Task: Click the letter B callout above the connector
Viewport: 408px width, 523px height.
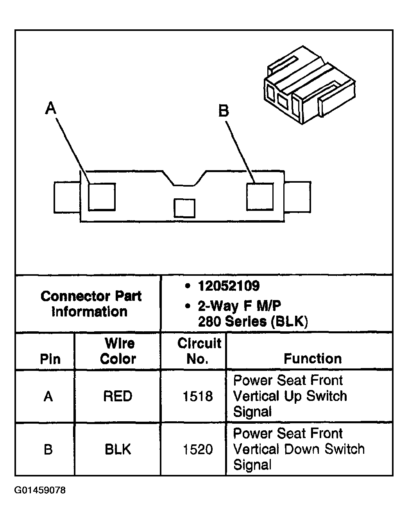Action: (x=224, y=111)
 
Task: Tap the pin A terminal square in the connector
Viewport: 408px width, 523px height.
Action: (x=102, y=196)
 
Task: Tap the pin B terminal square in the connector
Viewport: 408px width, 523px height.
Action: (x=259, y=196)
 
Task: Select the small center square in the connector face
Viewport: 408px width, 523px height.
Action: (x=184, y=208)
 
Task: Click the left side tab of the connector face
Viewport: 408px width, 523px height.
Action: (x=67, y=197)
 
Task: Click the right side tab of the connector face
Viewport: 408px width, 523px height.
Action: (x=298, y=197)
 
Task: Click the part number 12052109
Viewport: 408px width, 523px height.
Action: (x=229, y=286)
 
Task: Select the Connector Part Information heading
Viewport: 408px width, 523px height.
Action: (x=91, y=304)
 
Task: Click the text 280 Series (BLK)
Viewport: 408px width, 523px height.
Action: (x=253, y=321)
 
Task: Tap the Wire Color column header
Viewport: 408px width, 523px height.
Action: (x=118, y=351)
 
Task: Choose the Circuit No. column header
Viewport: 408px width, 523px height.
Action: (x=199, y=351)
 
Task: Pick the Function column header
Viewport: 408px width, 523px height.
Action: (x=313, y=358)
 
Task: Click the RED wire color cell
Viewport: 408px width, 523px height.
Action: (x=118, y=396)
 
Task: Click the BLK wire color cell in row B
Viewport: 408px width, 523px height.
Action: (x=118, y=449)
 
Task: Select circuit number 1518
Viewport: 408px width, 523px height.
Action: (x=198, y=397)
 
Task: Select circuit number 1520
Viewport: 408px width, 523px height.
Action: (x=198, y=449)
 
